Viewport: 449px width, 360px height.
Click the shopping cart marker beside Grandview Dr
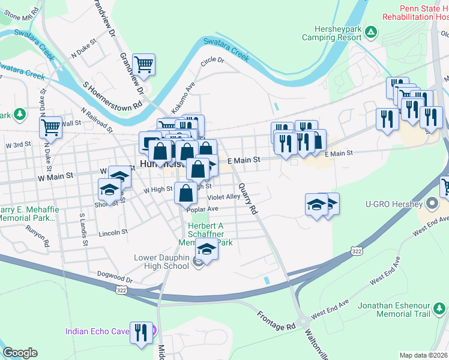144,63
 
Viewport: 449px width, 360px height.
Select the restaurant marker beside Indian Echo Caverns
141,332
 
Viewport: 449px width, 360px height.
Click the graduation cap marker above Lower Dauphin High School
206,248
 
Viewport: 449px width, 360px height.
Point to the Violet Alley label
224,196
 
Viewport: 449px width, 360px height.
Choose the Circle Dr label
212,61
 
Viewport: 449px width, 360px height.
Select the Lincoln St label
113,232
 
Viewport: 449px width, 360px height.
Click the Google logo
20,353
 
